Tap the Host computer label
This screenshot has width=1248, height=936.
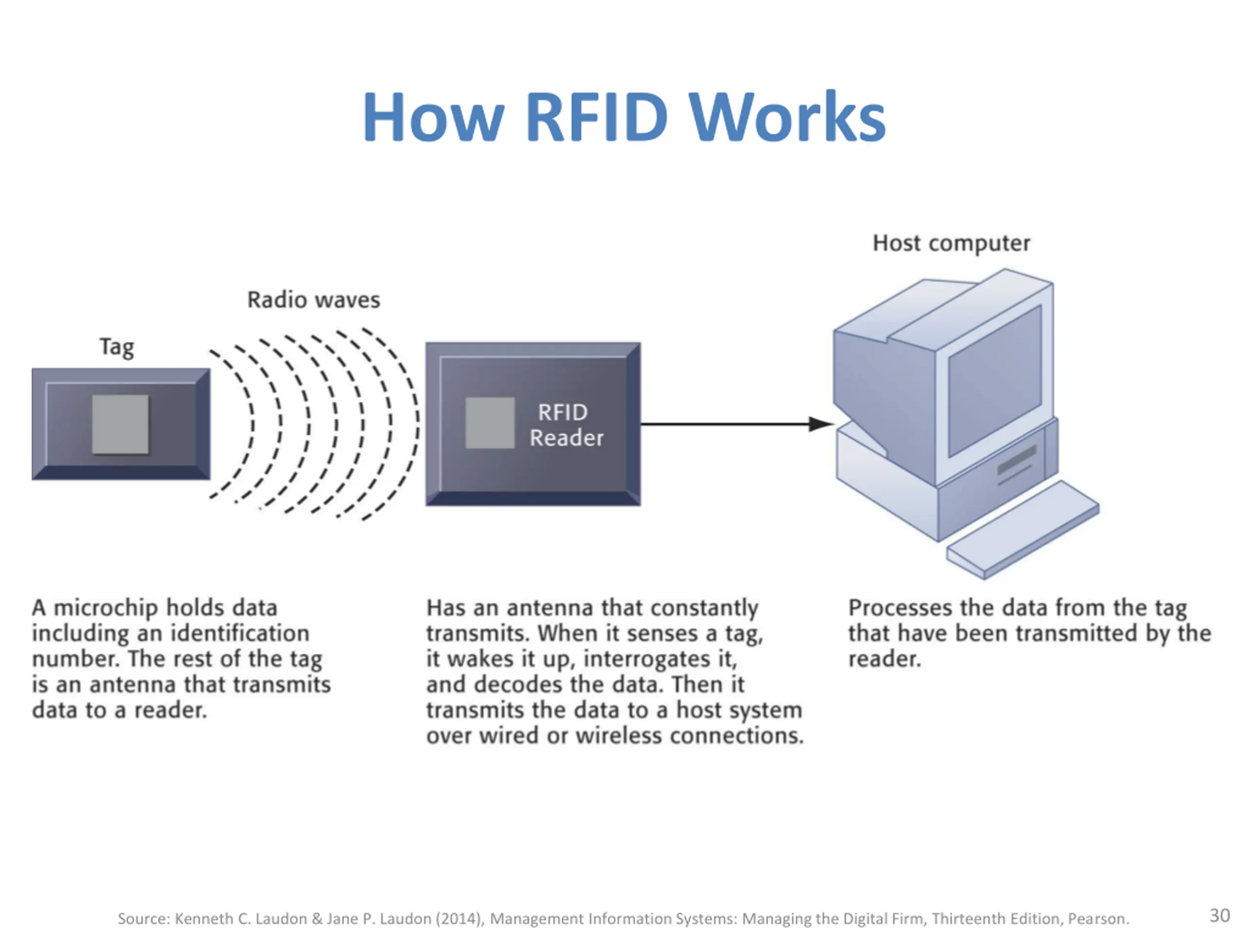pyautogui.click(x=951, y=243)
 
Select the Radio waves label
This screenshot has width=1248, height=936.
pyautogui.click(x=313, y=300)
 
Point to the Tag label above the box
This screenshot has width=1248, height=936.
pyautogui.click(x=117, y=347)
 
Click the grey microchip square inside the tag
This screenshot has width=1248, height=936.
pyautogui.click(x=121, y=424)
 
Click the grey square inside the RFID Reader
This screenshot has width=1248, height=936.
pyautogui.click(x=490, y=423)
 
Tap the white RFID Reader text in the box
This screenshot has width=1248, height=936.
pyautogui.click(x=566, y=425)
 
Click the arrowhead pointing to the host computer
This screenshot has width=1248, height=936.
pyautogui.click(x=820, y=424)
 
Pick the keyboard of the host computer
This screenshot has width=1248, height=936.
pyautogui.click(x=1022, y=529)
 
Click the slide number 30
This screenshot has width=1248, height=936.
pyautogui.click(x=1219, y=915)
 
